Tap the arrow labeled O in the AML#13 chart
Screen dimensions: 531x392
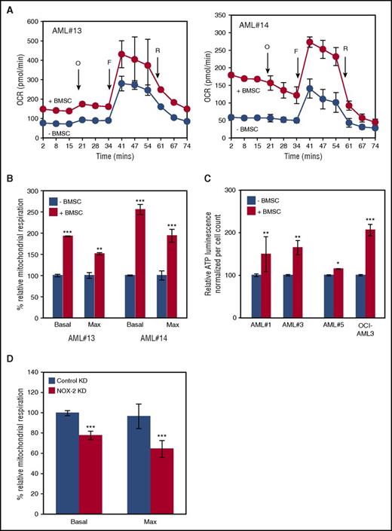[x=78, y=75]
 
